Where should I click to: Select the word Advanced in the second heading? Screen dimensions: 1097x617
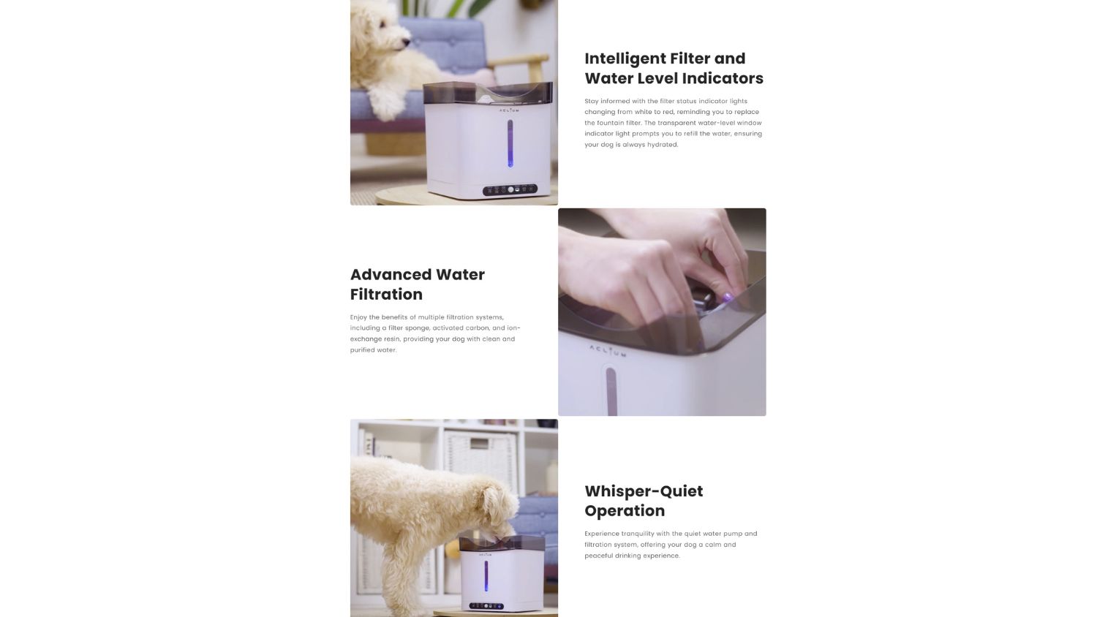click(391, 274)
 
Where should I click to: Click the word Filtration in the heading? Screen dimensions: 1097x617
click(386, 295)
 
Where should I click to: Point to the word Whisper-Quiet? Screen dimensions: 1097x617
click(644, 491)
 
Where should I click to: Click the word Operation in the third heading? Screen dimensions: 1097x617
click(625, 511)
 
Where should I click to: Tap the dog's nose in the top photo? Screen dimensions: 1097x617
click(407, 42)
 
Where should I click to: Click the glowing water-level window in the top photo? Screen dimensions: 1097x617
click(510, 143)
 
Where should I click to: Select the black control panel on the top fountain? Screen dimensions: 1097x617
click(510, 189)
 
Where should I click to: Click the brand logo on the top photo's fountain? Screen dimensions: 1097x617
click(509, 110)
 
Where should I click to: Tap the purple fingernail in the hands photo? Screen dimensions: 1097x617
click(727, 297)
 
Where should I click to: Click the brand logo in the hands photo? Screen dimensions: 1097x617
click(608, 351)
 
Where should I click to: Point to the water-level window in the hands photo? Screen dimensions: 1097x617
click(611, 392)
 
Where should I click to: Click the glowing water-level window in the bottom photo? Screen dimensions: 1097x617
click(486, 576)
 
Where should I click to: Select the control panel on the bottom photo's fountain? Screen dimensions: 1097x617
click(486, 606)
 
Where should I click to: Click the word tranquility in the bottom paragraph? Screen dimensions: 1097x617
click(637, 534)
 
